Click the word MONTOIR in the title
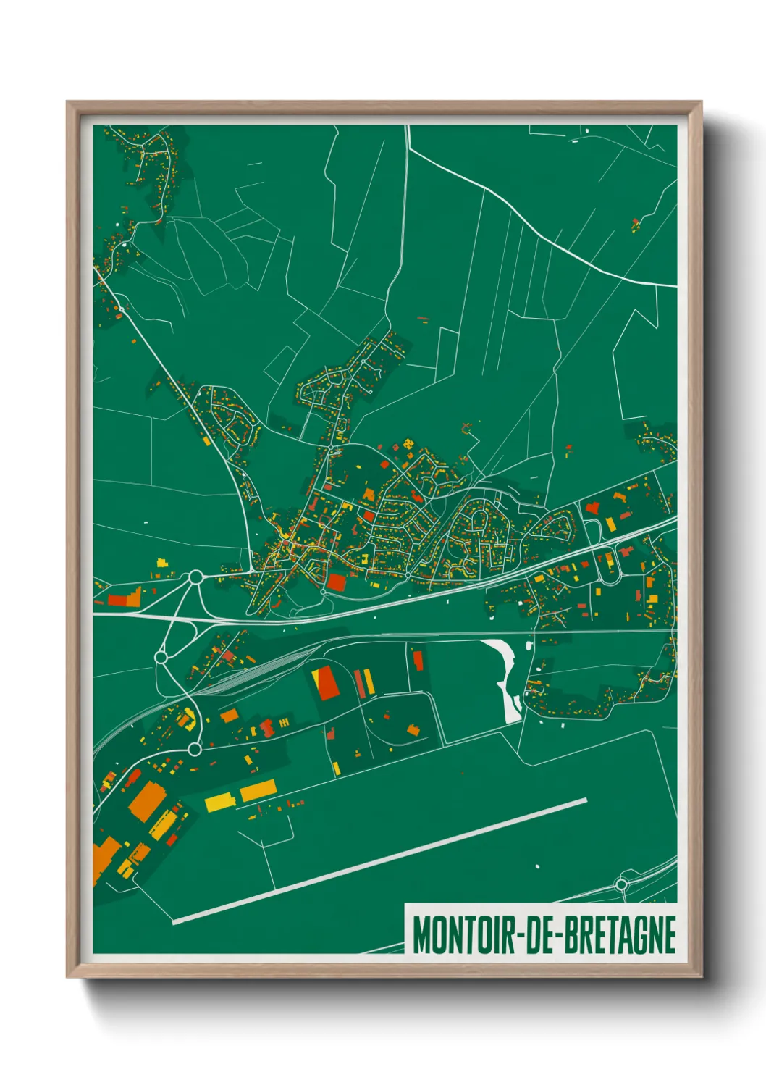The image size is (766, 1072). (463, 934)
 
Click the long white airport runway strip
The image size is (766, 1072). (380, 860)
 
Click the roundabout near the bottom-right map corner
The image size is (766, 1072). (620, 884)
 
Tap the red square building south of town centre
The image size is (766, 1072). (337, 582)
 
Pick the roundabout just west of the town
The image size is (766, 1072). (195, 577)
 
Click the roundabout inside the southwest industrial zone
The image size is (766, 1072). (194, 749)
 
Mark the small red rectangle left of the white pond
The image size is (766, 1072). (418, 660)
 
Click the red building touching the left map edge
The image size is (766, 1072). (117, 600)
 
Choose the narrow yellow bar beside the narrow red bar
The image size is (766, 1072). (368, 681)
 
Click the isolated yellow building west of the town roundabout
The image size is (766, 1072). (161, 562)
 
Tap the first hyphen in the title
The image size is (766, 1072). (515, 936)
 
